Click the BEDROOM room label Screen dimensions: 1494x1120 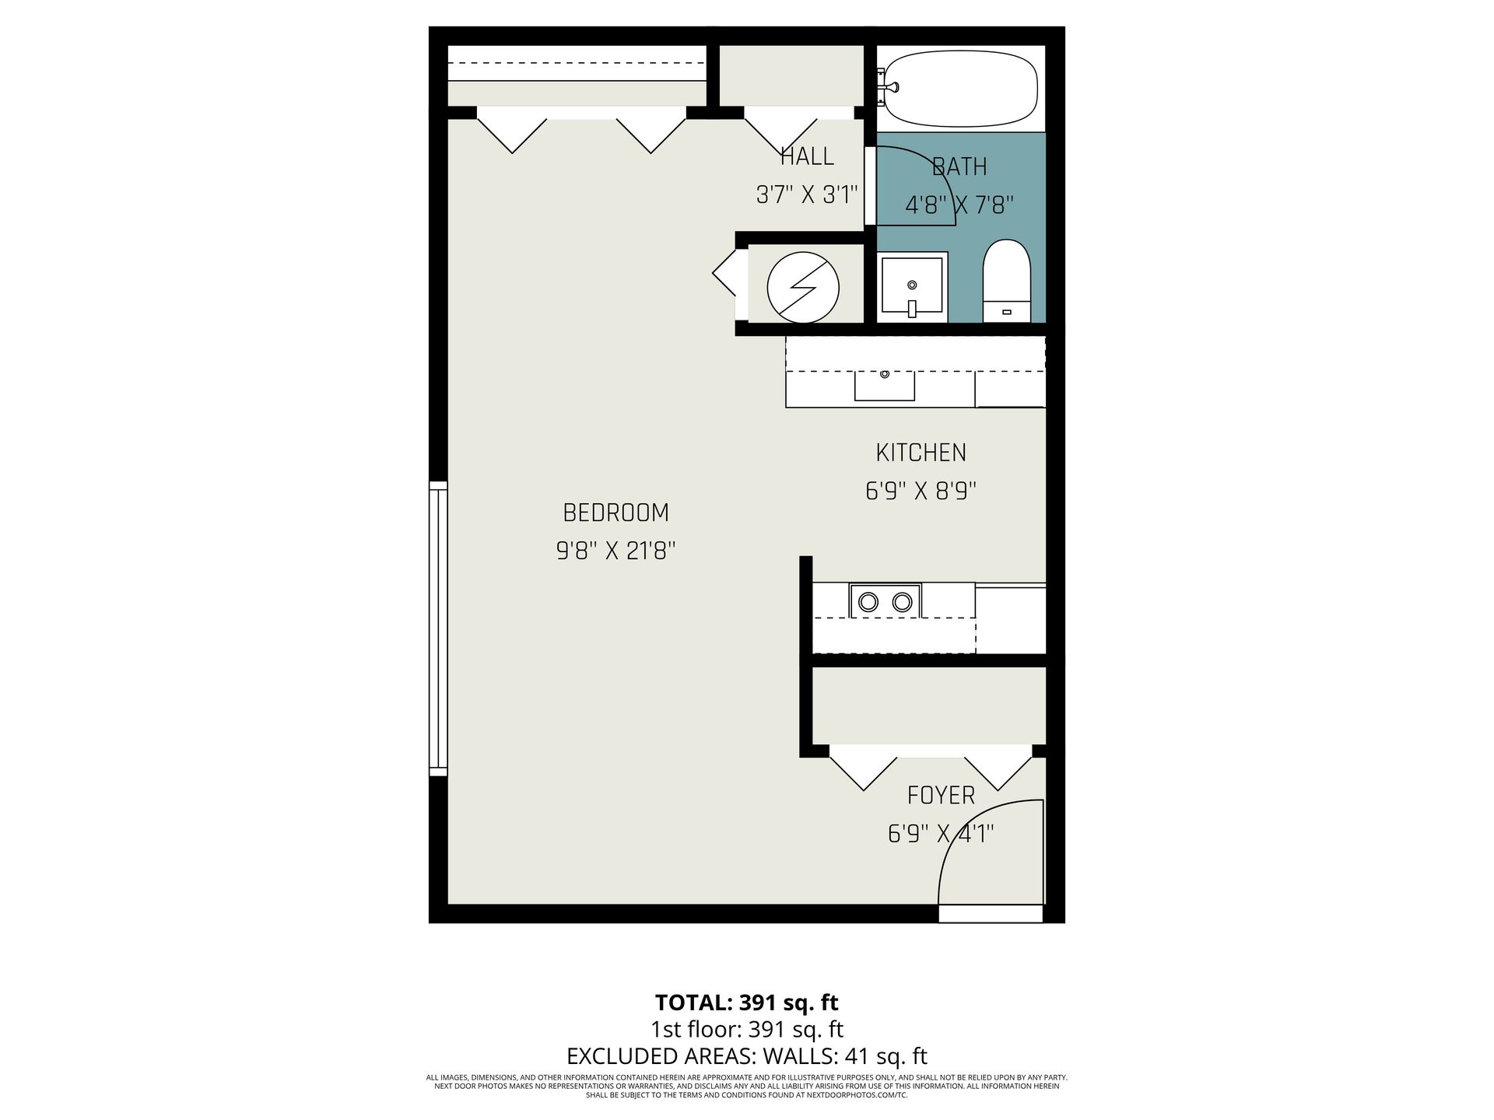coord(615,513)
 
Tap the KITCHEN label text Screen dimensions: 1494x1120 coord(921,453)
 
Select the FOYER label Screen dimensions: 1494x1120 coord(941,795)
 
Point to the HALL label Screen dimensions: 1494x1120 coord(807,156)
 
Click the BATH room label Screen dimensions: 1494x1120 coord(959,166)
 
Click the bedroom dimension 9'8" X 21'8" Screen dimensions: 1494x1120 coord(615,551)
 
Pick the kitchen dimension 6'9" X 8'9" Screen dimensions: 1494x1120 coord(921,491)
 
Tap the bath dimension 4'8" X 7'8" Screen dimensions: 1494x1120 coord(959,205)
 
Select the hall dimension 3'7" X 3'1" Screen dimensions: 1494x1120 coord(807,194)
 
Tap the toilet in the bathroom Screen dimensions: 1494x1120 coord(1006,281)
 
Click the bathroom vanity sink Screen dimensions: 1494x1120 coord(913,287)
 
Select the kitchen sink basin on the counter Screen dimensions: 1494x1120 coord(885,386)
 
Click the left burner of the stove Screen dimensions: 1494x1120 coord(868,601)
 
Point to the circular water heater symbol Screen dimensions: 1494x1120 coord(803,287)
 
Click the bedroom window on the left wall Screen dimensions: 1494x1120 coord(438,628)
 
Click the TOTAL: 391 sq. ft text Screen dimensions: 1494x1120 coord(746,1002)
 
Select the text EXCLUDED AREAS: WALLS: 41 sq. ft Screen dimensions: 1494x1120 coord(746,1056)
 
